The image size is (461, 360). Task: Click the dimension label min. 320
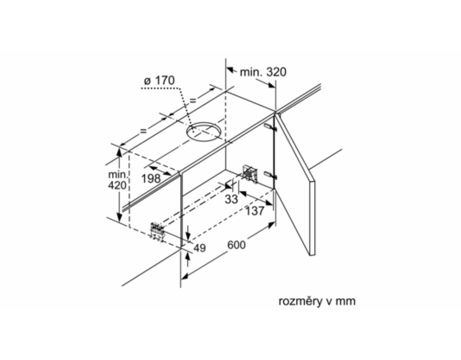point(263,72)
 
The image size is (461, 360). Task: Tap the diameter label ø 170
point(159,80)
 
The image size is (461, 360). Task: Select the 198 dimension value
point(151,178)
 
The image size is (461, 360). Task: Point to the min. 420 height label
point(118,180)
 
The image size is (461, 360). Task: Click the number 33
point(231,199)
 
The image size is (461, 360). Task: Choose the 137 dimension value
point(255,211)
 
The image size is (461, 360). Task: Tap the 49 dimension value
point(199,248)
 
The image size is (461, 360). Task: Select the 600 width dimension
point(236,244)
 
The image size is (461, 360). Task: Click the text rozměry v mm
point(317,301)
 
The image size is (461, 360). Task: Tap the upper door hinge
point(270,127)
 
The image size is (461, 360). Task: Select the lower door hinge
point(270,175)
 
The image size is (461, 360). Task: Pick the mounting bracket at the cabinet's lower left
point(158,231)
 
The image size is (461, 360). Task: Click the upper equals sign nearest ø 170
point(193,101)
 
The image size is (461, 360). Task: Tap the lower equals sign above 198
point(143,131)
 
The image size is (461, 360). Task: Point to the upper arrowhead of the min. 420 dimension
point(119,152)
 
